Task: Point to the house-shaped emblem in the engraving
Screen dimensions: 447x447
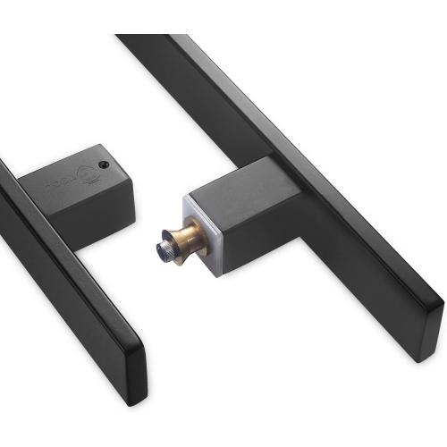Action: click(x=88, y=172)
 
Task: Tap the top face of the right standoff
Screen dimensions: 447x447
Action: click(x=228, y=183)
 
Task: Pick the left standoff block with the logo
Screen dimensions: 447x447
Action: click(x=80, y=192)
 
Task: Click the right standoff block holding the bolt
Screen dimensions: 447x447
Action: click(x=232, y=210)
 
